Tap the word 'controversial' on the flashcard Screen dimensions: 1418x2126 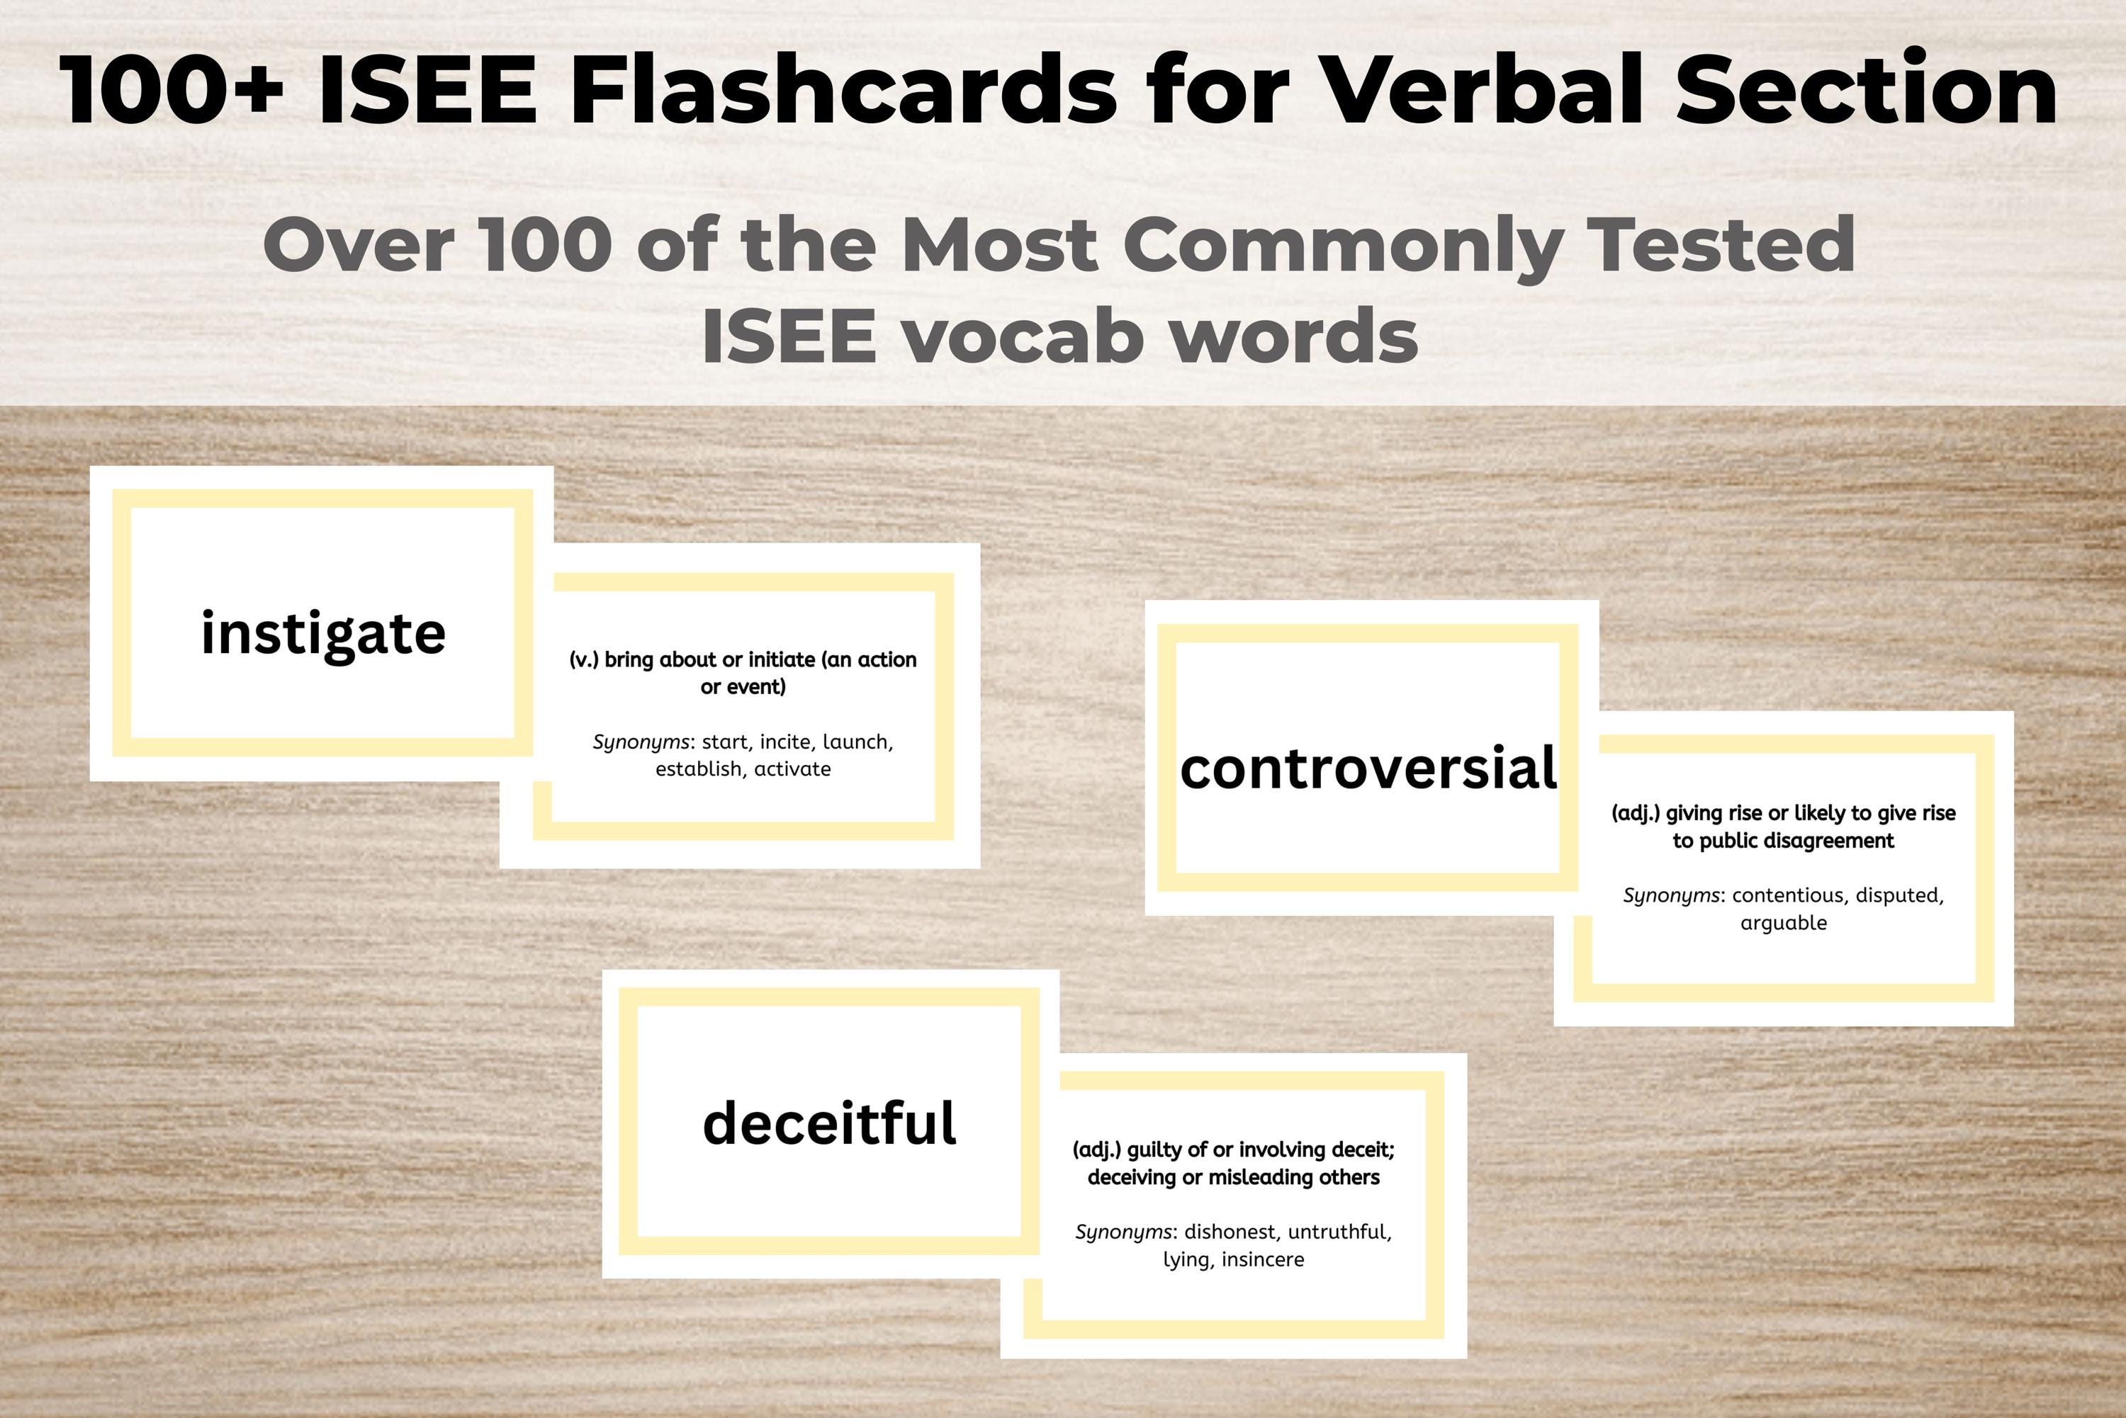click(x=1368, y=768)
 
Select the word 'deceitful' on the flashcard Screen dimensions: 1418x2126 click(x=828, y=1124)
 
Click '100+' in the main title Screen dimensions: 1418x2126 click(x=172, y=91)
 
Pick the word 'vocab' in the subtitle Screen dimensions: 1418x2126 click(x=1023, y=336)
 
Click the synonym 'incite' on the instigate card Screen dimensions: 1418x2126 click(x=784, y=742)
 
